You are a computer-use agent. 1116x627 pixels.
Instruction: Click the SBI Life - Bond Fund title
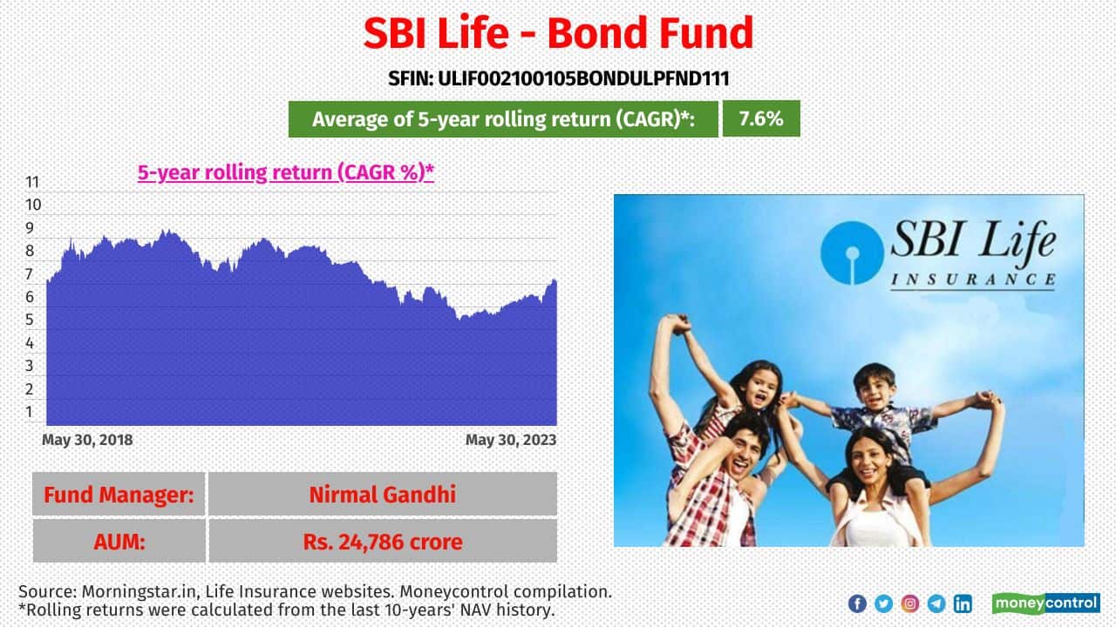click(x=558, y=33)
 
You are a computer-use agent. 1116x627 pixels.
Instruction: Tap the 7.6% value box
click(x=761, y=118)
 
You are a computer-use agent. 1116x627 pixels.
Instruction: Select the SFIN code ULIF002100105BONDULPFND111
click(x=558, y=78)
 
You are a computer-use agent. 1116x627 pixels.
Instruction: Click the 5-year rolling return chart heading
click(x=285, y=172)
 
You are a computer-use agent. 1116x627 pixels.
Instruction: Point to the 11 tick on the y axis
click(x=32, y=182)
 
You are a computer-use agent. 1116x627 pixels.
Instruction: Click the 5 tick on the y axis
click(x=30, y=320)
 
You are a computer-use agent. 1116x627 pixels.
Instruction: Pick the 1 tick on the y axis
click(x=30, y=412)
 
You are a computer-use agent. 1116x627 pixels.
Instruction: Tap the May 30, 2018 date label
click(x=87, y=440)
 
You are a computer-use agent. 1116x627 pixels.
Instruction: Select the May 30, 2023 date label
click(x=511, y=440)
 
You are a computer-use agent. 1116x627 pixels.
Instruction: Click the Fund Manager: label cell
click(x=119, y=494)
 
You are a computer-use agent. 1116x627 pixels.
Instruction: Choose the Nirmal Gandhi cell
click(x=383, y=494)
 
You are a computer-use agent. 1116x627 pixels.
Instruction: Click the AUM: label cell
click(x=119, y=541)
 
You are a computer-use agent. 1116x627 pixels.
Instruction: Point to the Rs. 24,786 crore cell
click(x=383, y=541)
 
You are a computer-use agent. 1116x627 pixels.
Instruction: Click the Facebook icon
click(x=857, y=603)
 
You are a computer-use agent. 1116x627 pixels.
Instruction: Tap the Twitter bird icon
click(x=883, y=603)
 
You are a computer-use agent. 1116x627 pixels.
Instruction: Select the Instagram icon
click(x=909, y=603)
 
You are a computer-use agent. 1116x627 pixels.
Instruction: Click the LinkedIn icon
click(x=963, y=603)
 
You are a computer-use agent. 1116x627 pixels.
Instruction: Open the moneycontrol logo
click(x=1045, y=603)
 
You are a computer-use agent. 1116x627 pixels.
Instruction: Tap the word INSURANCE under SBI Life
click(x=973, y=280)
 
